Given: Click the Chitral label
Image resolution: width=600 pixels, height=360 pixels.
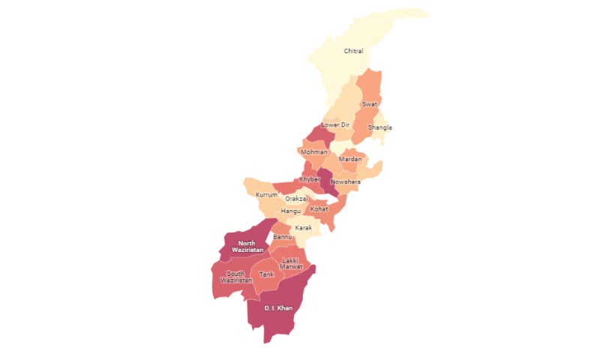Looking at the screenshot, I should tap(353, 51).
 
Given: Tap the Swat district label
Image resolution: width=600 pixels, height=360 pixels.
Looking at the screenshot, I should tap(370, 104).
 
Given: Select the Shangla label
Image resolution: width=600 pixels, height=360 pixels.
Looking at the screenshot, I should tap(379, 127).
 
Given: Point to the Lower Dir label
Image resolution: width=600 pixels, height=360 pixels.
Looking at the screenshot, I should tap(335, 124).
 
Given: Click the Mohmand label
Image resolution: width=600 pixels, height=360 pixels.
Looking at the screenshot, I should tap(313, 152).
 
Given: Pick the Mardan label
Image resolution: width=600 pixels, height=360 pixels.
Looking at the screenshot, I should tap(350, 159).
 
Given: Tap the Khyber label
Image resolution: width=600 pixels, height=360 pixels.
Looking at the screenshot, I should tap(309, 179).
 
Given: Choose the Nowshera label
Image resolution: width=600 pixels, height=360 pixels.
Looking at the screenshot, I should tap(346, 182).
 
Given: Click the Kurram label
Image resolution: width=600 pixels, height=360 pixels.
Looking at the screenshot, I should tap(266, 195).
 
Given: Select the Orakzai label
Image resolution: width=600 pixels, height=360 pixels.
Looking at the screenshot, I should tap(296, 199).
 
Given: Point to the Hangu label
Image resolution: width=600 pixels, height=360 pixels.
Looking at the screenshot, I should tap(290, 211).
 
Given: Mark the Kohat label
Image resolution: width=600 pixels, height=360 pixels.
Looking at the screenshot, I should tap(319, 209).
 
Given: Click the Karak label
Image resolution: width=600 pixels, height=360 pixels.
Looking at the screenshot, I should tap(304, 227).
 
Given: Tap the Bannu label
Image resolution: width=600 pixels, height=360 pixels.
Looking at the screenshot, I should tap(283, 237).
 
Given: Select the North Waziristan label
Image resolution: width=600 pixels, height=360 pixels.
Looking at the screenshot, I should tap(247, 246).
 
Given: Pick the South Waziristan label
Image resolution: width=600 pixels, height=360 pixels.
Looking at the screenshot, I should tap(235, 277).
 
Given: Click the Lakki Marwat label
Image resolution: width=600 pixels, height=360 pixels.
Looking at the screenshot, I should tap(290, 263).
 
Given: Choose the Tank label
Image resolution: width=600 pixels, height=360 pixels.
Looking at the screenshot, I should tap(266, 274).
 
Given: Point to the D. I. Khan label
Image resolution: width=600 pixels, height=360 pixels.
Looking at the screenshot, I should tap(278, 307).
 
